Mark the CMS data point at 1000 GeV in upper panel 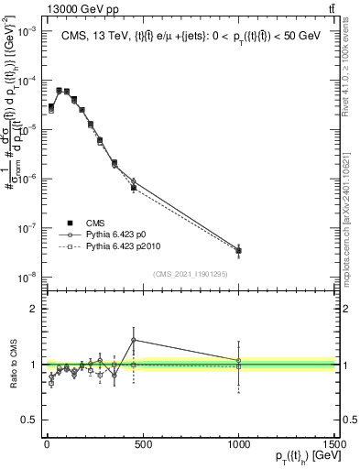(x=238, y=250)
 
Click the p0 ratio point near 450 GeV (x=134, y=340)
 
